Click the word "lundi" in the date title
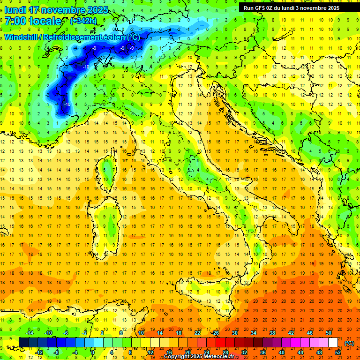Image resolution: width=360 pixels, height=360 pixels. coord(15,10)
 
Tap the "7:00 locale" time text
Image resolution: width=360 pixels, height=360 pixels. coord(33,21)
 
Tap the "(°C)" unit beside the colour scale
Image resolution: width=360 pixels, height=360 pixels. coord(349,343)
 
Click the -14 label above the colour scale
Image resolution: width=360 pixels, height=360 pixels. coord(31,333)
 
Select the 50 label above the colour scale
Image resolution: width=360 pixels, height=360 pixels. coord(328,333)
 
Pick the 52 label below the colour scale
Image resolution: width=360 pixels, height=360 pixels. coord(338,352)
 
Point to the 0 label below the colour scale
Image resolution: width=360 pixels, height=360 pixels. coord(93,352)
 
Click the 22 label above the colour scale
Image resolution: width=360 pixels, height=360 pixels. coord(197,333)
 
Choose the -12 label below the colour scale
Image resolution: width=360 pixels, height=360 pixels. coord(39,352)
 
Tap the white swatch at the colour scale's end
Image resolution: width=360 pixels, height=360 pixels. coord(333,343)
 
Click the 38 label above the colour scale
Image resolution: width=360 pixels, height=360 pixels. coord(272,333)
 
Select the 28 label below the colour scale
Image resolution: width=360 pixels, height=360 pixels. coord(225,352)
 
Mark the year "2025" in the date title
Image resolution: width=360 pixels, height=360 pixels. coord(97,10)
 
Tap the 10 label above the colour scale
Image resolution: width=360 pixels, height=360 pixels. coord(141,333)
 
